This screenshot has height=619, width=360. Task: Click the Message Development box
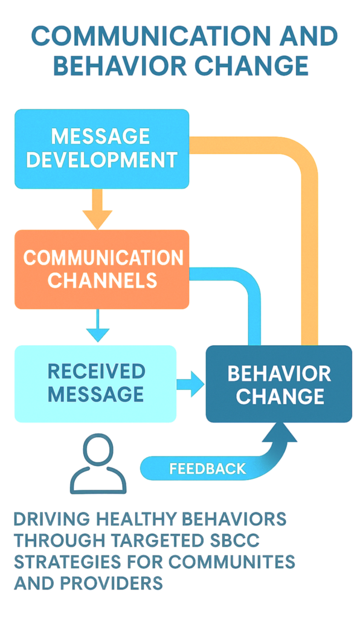tap(101, 149)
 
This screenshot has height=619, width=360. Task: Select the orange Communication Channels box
tap(101, 269)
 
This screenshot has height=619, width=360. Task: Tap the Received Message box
tap(95, 384)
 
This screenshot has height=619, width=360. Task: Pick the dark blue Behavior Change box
tap(279, 384)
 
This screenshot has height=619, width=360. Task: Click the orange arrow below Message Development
tap(97, 209)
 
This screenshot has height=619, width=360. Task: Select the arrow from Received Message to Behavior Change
tap(190, 384)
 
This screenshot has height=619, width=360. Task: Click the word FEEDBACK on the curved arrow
tap(207, 468)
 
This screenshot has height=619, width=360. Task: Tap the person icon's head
tap(98, 450)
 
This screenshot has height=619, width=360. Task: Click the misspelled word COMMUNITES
tap(227, 562)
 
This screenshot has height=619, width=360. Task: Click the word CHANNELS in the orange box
tap(103, 280)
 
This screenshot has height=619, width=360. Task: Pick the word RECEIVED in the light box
tap(97, 372)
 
